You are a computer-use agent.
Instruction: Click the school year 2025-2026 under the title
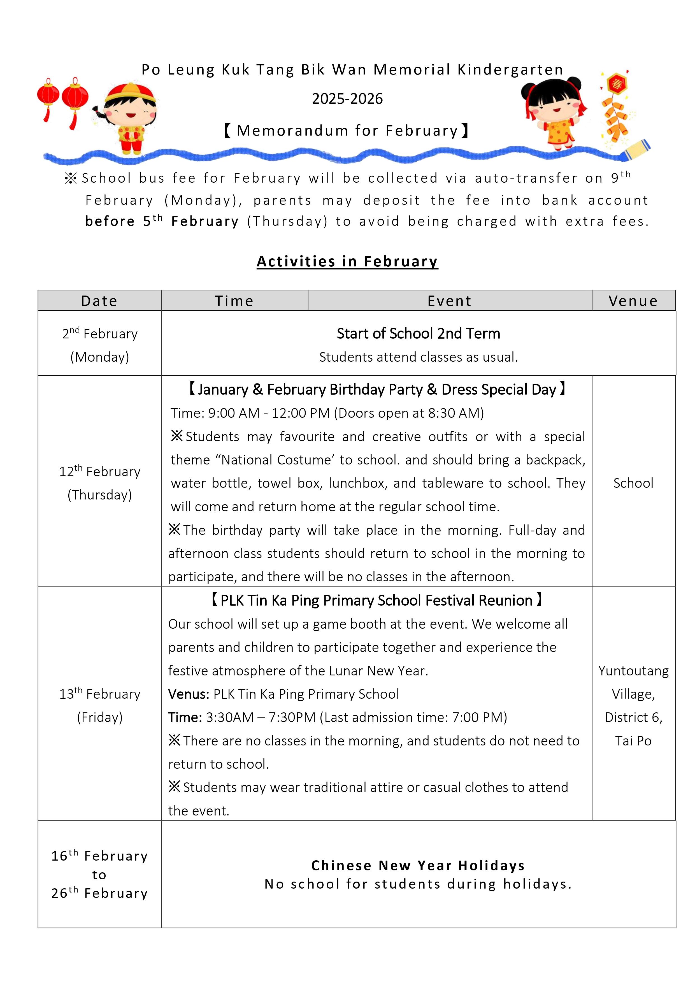coord(347,99)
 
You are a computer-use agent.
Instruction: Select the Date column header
coord(99,301)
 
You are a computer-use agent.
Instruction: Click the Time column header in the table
coord(234,301)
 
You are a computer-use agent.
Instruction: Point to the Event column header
coord(450,301)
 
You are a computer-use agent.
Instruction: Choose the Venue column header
coord(633,301)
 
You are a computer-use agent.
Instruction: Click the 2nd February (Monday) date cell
coord(100,345)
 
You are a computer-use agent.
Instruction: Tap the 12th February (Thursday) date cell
coord(100,483)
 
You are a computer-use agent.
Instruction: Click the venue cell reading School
coord(633,483)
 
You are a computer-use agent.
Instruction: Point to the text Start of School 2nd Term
coord(418,334)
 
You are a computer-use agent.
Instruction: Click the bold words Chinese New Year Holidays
coord(418,865)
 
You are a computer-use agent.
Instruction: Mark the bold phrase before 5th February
coord(162,221)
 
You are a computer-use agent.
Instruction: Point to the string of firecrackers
coord(615,111)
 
